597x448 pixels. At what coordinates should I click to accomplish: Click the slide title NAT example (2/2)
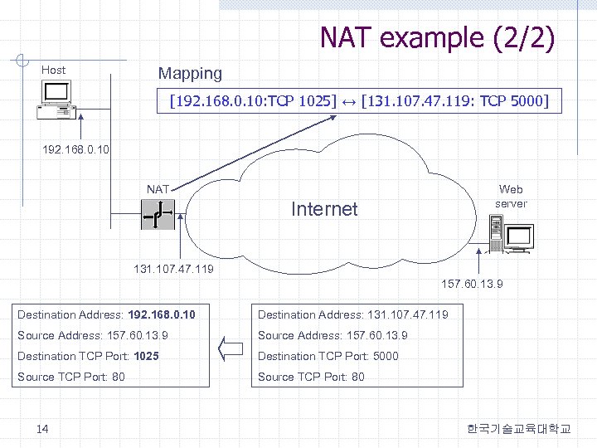437,37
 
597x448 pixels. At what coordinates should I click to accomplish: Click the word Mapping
190,73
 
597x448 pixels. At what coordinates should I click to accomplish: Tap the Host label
54,70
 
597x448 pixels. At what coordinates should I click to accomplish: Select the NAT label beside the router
158,189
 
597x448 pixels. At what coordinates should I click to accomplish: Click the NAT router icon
155,217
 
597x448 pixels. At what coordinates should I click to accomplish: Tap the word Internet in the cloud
324,208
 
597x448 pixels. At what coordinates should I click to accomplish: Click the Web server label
510,196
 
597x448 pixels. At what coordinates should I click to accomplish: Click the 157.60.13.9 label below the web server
471,285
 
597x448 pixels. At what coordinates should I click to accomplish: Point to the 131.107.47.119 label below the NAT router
172,270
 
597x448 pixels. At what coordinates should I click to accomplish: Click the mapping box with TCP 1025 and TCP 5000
359,101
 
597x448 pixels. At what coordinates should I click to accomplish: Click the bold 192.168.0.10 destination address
162,314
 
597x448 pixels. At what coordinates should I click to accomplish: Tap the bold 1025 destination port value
146,356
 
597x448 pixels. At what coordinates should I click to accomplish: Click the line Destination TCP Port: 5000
328,356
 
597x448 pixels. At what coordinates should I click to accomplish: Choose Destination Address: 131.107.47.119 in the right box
352,314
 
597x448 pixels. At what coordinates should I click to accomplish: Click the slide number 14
42,428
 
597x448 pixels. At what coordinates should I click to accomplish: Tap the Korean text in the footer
518,428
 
